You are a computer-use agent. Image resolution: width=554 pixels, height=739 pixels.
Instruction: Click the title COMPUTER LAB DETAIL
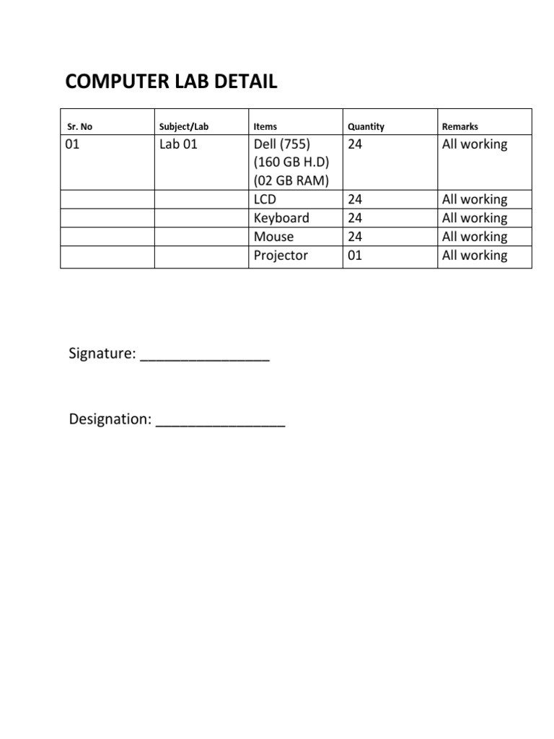click(x=171, y=82)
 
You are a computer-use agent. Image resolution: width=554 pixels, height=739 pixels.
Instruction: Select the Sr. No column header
click(x=79, y=126)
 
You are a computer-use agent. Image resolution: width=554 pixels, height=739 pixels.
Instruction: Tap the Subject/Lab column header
click(x=183, y=126)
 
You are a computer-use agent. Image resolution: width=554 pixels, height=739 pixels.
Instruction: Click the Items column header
click(x=265, y=126)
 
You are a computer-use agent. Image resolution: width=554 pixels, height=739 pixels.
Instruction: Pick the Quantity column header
click(x=366, y=126)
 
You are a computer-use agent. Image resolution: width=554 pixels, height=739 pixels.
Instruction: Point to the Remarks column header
click(x=460, y=126)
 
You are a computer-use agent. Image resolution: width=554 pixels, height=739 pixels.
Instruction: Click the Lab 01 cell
click(x=178, y=144)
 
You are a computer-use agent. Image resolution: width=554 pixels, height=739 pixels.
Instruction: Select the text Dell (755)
click(x=282, y=144)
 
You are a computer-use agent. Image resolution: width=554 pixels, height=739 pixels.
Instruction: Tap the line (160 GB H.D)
click(x=291, y=162)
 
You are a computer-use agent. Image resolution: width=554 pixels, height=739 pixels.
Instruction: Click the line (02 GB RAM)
click(x=291, y=180)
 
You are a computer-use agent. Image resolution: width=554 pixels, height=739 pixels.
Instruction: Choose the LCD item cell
click(x=265, y=199)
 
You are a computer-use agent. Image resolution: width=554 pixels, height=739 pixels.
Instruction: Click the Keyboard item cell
click(x=281, y=218)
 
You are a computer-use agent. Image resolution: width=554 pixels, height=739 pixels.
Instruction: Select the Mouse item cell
click(x=273, y=237)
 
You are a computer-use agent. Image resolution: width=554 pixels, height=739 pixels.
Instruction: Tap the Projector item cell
click(x=281, y=255)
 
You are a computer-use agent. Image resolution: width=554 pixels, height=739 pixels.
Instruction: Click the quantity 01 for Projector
click(x=355, y=255)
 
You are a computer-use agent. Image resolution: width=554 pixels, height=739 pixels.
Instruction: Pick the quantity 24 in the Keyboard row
click(x=355, y=218)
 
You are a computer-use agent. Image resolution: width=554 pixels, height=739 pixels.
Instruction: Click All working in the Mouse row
click(x=475, y=237)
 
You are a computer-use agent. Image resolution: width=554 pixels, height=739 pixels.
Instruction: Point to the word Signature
click(x=102, y=354)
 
